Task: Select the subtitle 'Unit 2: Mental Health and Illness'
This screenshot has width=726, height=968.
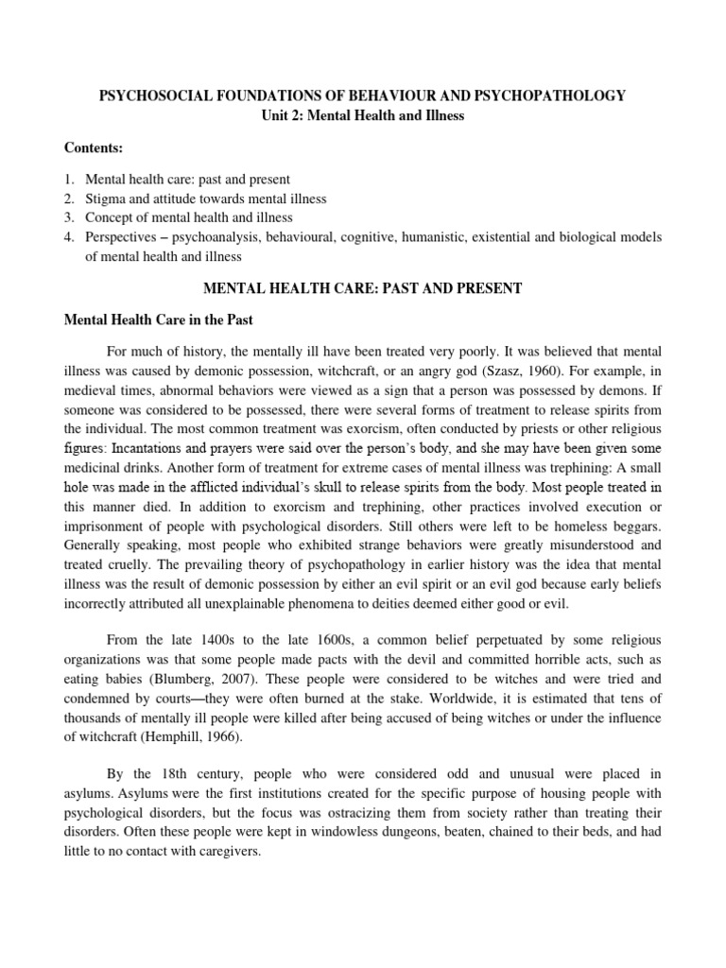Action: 362,115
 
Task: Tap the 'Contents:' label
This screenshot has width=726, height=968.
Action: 94,148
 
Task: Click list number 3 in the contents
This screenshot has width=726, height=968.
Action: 69,217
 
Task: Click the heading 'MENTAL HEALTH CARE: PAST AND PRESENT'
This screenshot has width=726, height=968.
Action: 362,288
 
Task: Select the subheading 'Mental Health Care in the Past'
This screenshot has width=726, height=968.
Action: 158,320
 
